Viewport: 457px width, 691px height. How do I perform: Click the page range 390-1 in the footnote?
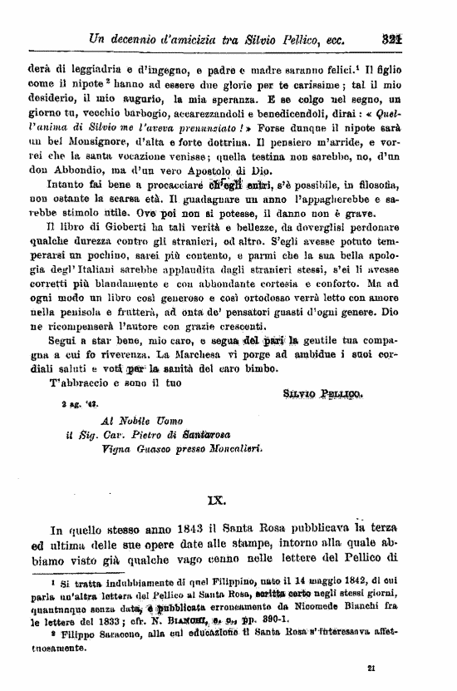261,619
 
